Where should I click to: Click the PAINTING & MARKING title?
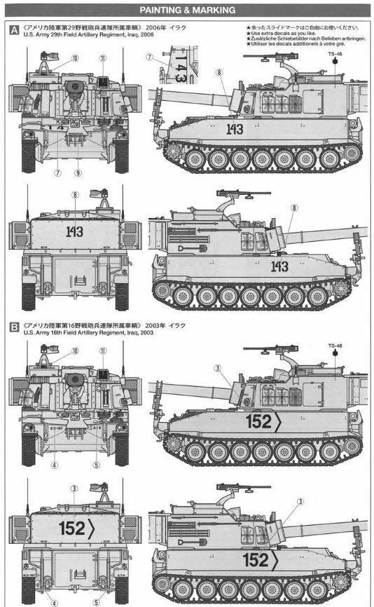point(187,11)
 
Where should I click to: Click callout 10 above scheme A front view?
point(74,60)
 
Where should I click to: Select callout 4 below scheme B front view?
point(54,464)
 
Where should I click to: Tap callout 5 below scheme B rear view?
point(96,601)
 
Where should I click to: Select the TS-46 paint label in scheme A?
point(334,53)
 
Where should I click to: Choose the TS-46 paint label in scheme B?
point(334,346)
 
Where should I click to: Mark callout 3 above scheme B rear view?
point(74,489)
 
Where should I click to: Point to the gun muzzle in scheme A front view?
point(75,87)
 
